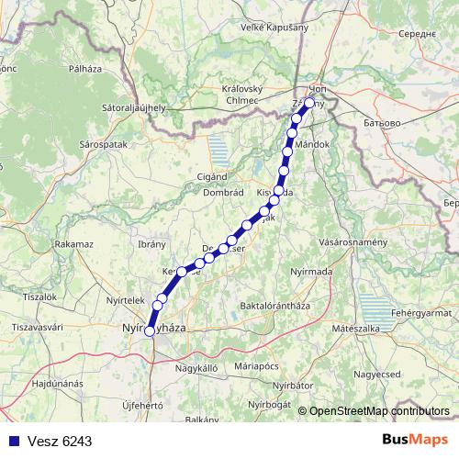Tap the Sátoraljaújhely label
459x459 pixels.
pyautogui.click(x=134, y=107)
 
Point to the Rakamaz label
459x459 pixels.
pyautogui.click(x=74, y=244)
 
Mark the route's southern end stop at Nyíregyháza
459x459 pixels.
pyautogui.click(x=150, y=331)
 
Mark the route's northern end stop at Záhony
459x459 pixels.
pyautogui.click(x=309, y=104)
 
